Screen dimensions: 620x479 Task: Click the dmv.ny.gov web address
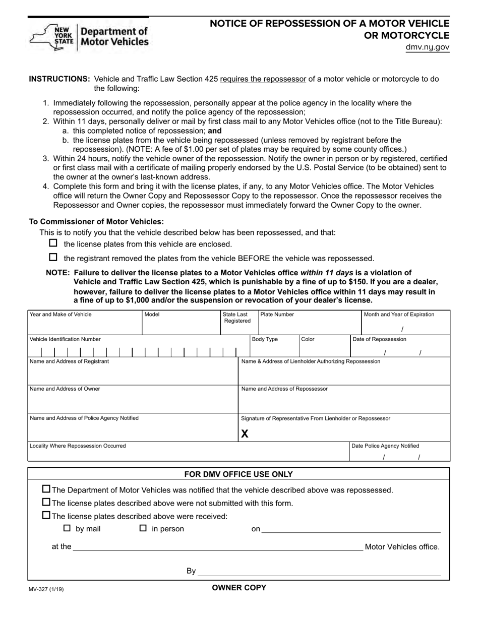point(427,48)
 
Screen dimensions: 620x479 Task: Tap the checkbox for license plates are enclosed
point(53,243)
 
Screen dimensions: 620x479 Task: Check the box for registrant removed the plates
point(53,257)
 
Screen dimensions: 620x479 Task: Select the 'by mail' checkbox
point(67,529)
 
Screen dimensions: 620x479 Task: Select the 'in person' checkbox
point(143,529)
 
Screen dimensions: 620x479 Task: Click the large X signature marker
point(245,433)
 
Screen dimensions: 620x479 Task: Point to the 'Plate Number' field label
point(277,315)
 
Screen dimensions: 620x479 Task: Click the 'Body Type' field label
point(265,339)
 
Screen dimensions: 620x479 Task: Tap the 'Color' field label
point(308,339)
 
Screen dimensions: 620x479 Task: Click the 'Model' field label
point(152,315)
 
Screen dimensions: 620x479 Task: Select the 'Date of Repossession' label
point(379,339)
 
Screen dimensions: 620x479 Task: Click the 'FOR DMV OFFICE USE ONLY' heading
point(238,474)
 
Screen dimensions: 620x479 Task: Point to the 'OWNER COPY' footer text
point(239,588)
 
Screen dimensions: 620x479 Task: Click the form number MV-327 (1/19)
point(46,589)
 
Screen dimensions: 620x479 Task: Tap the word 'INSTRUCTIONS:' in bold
point(59,79)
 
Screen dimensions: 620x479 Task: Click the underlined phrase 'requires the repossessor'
point(263,79)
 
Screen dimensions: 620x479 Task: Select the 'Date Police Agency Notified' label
point(385,446)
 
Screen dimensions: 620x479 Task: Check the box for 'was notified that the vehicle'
point(46,489)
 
